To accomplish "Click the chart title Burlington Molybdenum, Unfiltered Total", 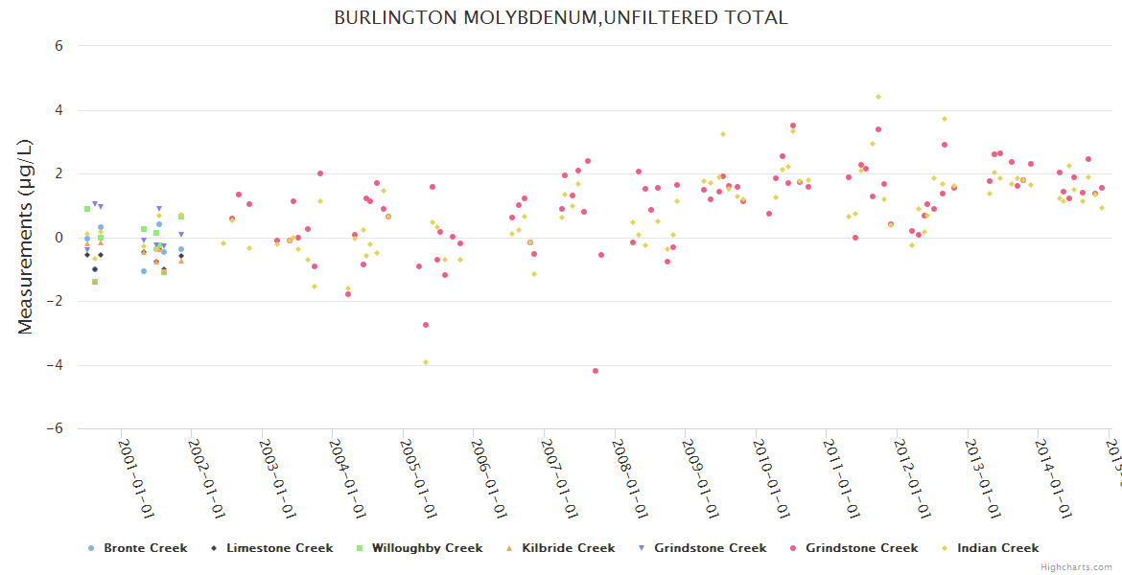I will click(560, 18).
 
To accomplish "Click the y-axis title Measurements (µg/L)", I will click(26, 237).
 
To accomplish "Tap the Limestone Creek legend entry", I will click(280, 548).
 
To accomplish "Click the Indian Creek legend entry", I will click(996, 548).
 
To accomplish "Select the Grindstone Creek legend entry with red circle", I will click(861, 548).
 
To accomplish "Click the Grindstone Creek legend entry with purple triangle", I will click(710, 548).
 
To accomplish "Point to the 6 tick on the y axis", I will click(58, 46).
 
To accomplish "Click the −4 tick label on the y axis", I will click(55, 365).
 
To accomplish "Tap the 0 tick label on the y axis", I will click(58, 238).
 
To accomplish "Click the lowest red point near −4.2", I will click(596, 371).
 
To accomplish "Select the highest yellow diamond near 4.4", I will click(877, 97).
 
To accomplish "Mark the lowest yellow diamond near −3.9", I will click(426, 362).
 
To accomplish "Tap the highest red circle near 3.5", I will click(792, 126).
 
